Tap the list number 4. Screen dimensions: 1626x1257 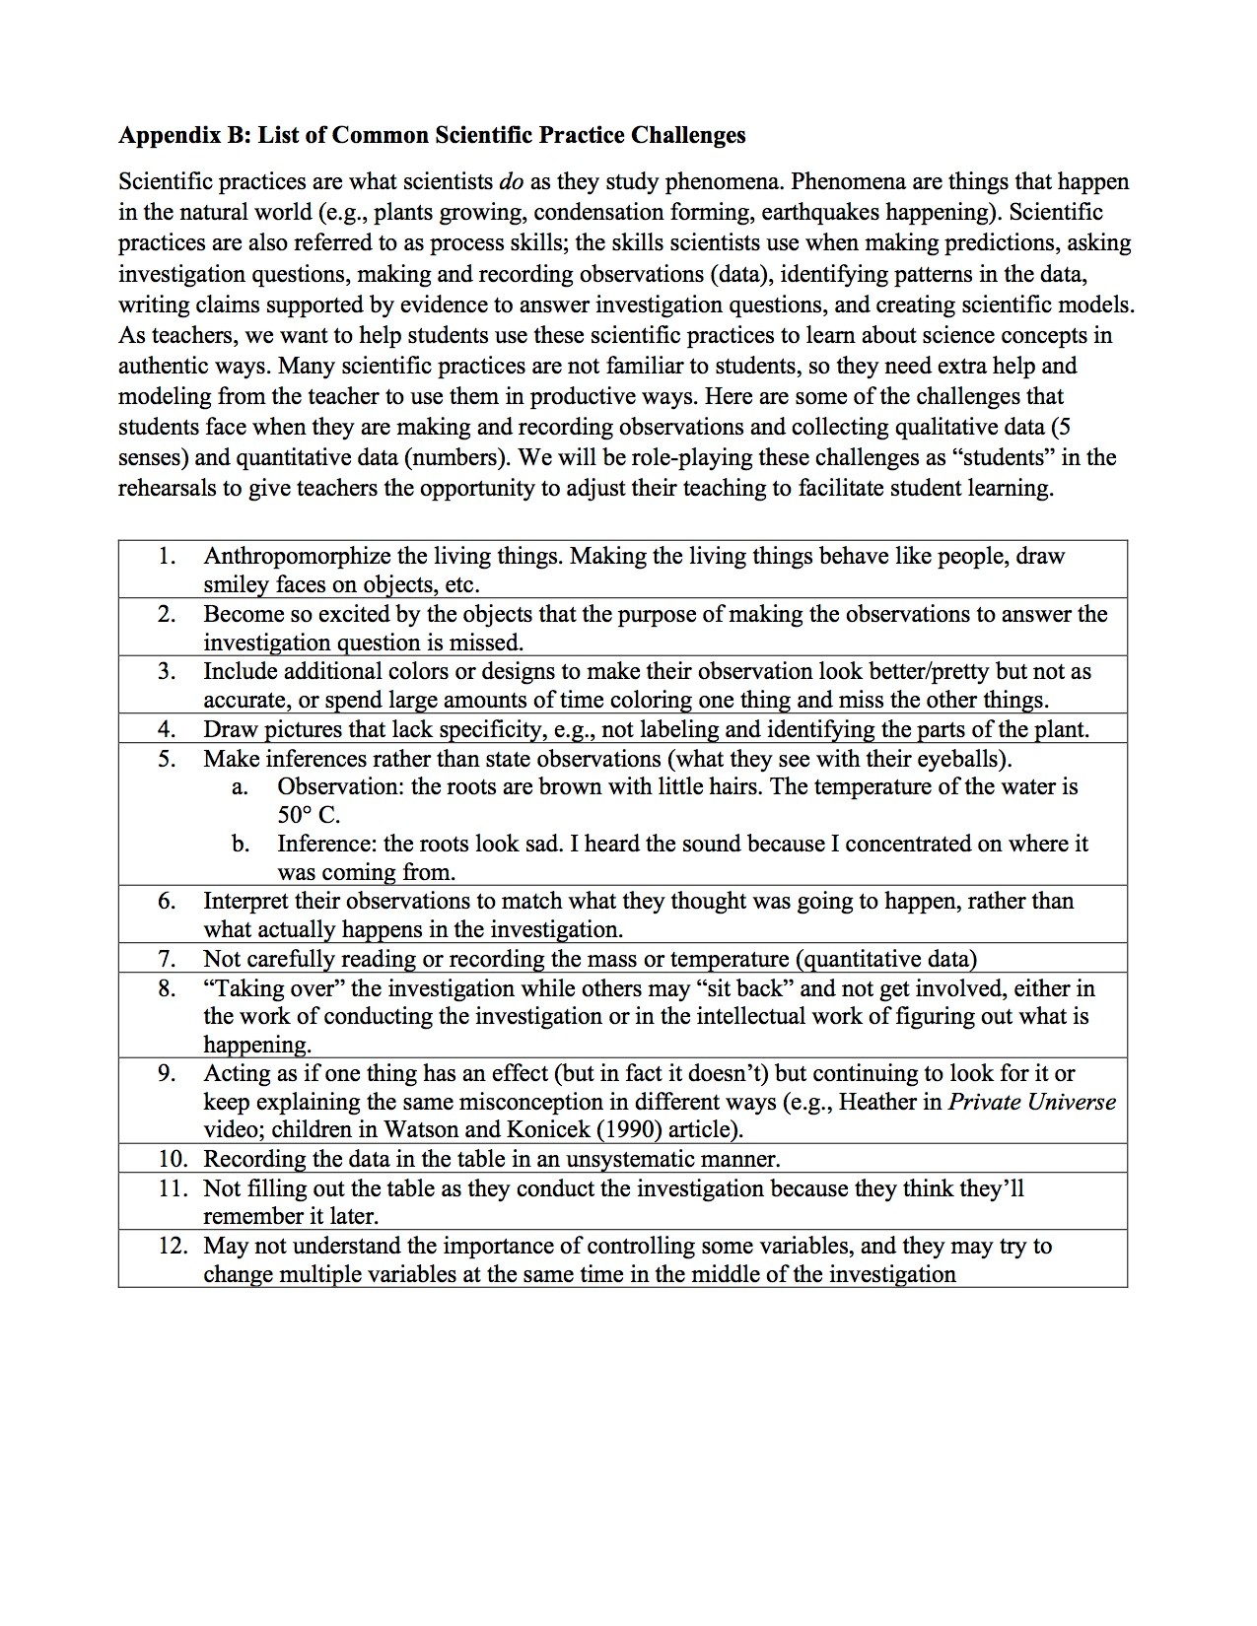(167, 729)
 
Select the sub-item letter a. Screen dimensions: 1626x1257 (238, 787)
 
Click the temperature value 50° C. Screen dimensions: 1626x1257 (309, 815)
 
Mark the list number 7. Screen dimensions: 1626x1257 (167, 959)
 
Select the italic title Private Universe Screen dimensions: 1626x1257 (1032, 1102)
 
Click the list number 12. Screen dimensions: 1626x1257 (173, 1246)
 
